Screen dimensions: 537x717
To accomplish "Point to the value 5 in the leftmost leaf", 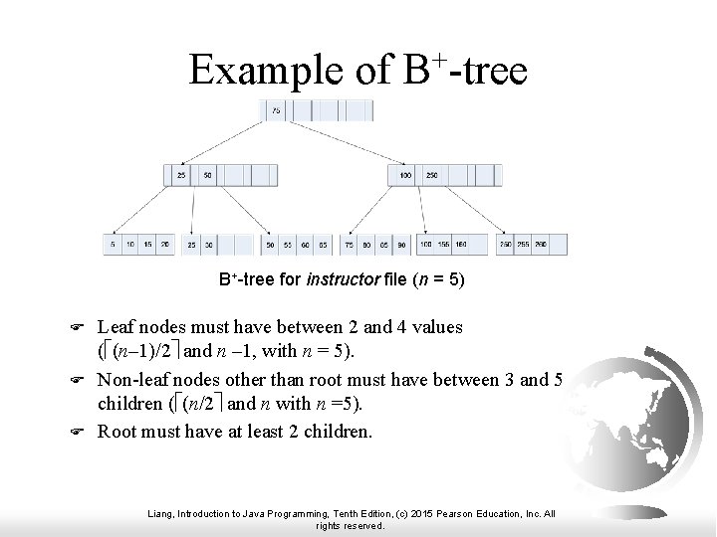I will (113, 245).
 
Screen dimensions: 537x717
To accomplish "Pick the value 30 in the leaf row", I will (208, 245).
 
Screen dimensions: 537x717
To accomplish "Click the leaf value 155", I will (443, 245).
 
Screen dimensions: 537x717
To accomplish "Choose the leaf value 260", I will (540, 245).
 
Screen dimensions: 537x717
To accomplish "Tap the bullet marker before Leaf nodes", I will (85, 327).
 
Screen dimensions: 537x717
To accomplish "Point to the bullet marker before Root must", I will (85, 433).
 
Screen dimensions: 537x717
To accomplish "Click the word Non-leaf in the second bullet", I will (129, 380).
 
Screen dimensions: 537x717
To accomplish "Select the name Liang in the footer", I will (158, 513).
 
